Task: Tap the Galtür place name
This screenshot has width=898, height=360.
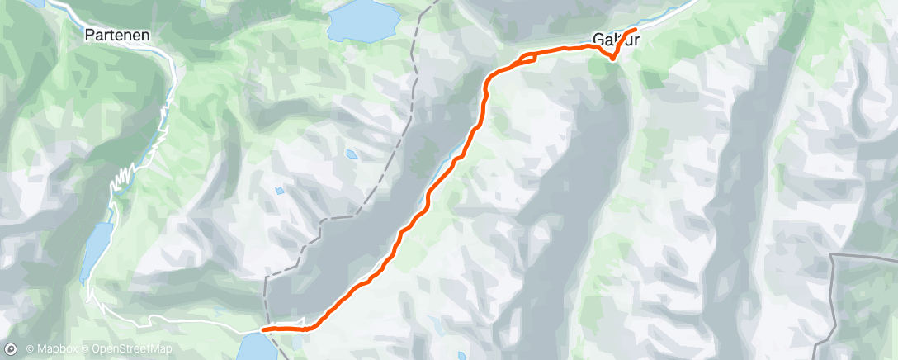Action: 615,38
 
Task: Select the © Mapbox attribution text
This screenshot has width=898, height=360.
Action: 55,349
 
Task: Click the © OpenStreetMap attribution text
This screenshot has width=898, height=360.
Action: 131,349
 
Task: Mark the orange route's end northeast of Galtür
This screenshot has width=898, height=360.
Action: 636,30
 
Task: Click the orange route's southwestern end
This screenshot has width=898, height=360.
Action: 263,329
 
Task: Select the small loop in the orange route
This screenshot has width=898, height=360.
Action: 527,58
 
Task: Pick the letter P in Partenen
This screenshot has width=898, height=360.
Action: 89,36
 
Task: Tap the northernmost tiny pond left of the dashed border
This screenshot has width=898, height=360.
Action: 352,154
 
